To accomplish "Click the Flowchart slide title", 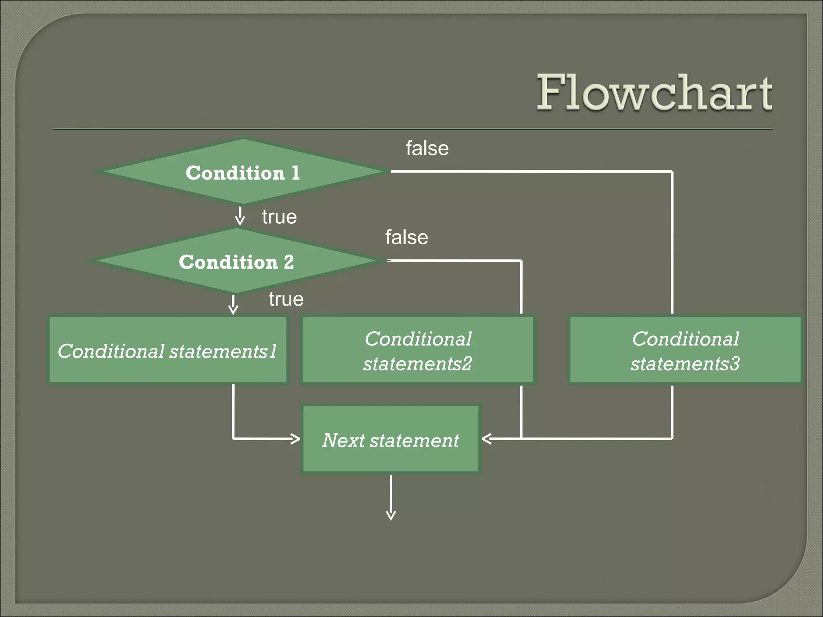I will click(x=654, y=92).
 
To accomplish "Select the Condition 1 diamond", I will click(x=242, y=172).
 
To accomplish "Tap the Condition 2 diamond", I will click(x=236, y=261).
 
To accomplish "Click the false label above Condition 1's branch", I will click(x=427, y=148).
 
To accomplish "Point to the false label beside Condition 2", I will click(x=407, y=237).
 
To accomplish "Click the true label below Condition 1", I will click(x=279, y=217).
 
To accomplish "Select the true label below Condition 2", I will click(x=286, y=299).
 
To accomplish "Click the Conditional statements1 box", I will click(x=168, y=350).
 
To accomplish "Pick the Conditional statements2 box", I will click(x=418, y=350).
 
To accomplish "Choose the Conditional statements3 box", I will click(x=685, y=350).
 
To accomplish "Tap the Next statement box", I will click(x=391, y=439).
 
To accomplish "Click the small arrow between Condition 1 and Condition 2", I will click(x=240, y=216).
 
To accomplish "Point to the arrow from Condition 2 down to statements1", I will click(x=233, y=305).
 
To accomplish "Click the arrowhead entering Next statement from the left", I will click(x=295, y=439).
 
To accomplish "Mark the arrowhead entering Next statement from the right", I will click(x=487, y=439).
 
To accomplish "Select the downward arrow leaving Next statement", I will click(x=391, y=498).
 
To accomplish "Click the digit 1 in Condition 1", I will click(x=295, y=173).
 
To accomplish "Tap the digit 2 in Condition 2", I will click(x=289, y=262).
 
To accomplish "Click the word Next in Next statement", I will click(x=343, y=440).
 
